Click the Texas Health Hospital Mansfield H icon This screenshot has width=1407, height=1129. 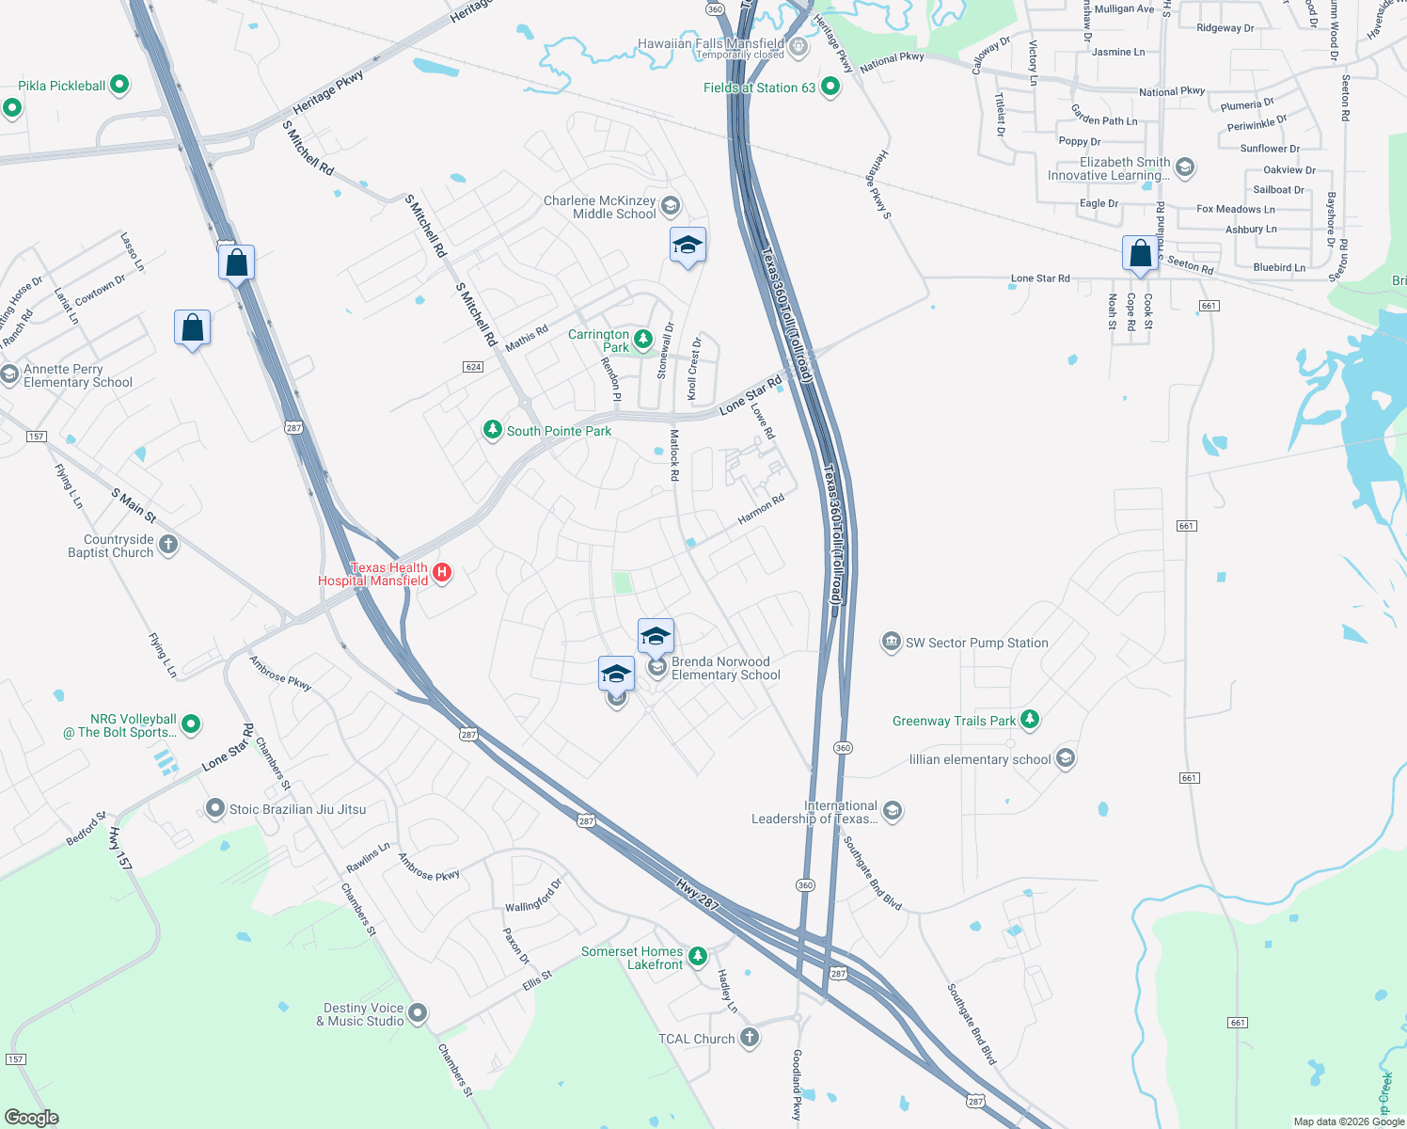click(442, 572)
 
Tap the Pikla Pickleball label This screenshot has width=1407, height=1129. click(62, 86)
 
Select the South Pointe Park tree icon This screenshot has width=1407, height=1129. click(492, 430)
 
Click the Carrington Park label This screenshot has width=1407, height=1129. click(599, 341)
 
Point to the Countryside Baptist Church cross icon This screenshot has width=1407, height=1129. click(168, 544)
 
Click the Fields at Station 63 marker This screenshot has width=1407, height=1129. click(830, 87)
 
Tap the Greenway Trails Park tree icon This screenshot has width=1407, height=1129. click(1030, 720)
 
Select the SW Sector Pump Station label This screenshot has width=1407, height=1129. click(976, 643)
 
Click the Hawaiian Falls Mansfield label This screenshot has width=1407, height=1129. click(711, 44)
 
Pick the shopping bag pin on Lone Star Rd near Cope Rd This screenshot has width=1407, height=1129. click(1140, 254)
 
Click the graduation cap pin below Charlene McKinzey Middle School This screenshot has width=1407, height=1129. click(688, 246)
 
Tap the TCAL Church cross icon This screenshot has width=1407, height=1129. click(750, 1038)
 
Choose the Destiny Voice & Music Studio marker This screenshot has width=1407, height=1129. click(418, 1013)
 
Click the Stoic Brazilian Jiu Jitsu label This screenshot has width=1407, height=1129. click(297, 809)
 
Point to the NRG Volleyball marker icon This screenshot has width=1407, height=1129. click(191, 724)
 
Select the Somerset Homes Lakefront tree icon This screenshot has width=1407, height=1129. click(697, 956)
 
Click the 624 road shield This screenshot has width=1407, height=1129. click(473, 367)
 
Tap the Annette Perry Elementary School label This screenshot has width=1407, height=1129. click(78, 375)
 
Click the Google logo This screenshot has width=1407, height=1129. click(31, 1118)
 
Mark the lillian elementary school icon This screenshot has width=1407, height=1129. click(1066, 757)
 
